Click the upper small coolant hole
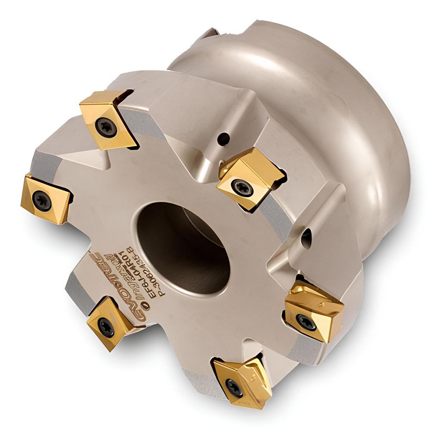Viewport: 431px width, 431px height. tap(223, 139)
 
